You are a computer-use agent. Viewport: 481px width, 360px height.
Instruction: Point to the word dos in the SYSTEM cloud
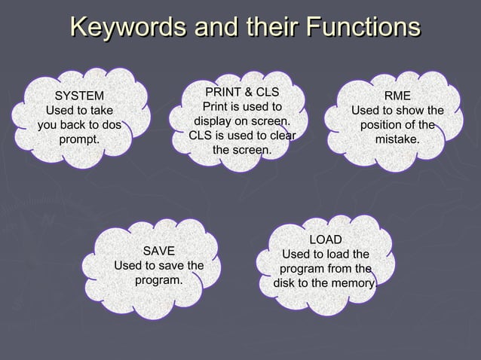(x=109, y=125)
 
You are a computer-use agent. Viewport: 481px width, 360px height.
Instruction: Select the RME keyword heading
(x=397, y=96)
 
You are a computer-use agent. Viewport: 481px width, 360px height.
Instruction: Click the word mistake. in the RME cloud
(x=397, y=139)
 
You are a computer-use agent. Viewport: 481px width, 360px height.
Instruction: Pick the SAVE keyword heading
(x=158, y=250)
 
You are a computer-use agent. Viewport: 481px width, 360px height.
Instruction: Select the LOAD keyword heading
(x=326, y=239)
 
